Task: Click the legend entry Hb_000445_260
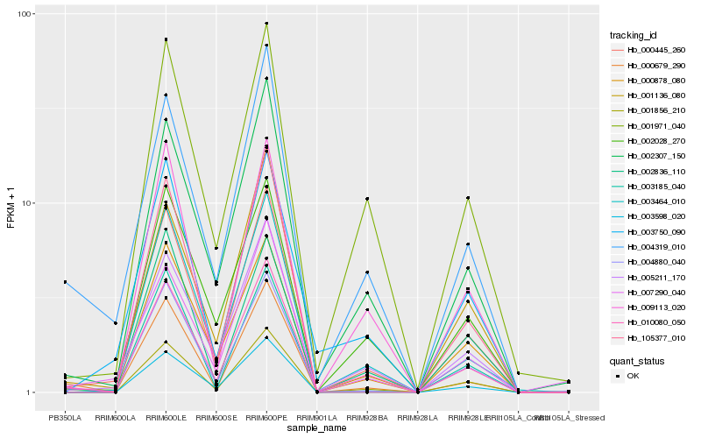(654, 50)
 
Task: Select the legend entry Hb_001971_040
(654, 125)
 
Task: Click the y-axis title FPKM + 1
(11, 203)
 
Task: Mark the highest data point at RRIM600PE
(266, 24)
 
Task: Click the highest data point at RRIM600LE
(166, 39)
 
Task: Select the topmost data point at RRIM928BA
(367, 199)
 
